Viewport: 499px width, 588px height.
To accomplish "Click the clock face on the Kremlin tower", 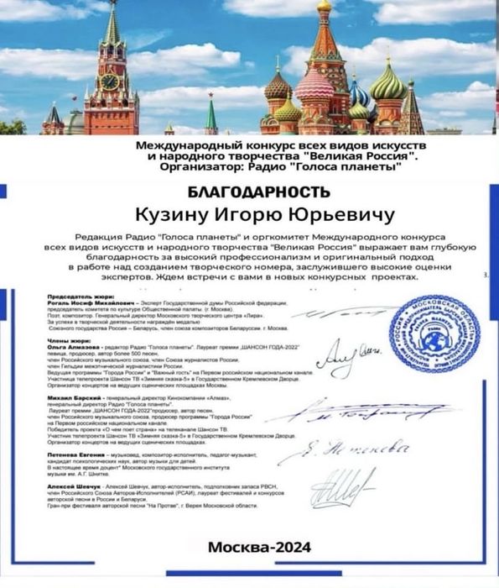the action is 109,81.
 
